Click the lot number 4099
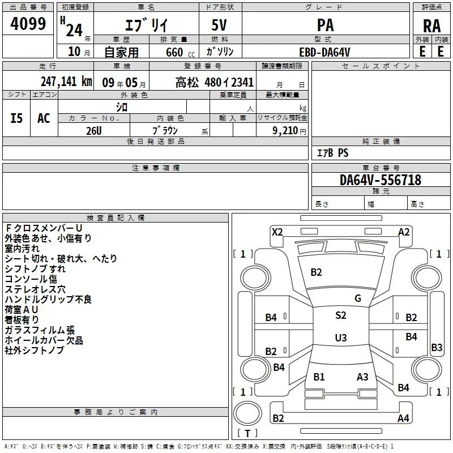coord(28,24)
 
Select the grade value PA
coord(326,25)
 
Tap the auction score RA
coord(432,26)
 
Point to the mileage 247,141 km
coord(66,82)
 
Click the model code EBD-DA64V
coord(324,52)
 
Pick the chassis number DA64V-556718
coord(381,180)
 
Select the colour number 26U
coord(94,131)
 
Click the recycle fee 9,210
coord(285,131)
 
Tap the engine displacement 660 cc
coord(180,53)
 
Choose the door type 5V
coord(219,25)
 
